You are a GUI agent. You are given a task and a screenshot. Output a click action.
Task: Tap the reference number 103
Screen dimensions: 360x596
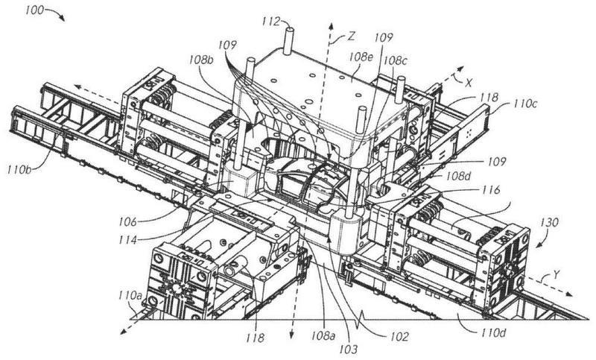(x=344, y=347)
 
